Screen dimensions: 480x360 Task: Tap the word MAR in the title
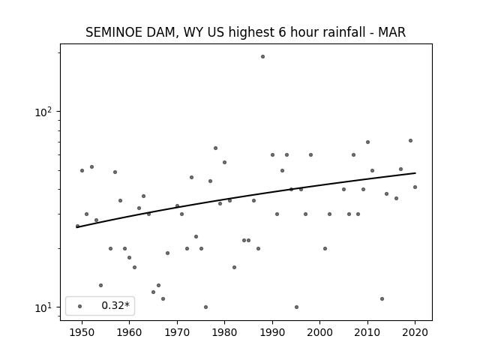[x=391, y=32]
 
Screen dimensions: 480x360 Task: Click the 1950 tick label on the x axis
[x=82, y=332]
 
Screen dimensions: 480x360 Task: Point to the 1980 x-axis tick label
[x=225, y=332]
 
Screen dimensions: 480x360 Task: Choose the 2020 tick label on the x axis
[x=415, y=332]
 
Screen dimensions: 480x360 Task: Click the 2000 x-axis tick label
[x=320, y=332]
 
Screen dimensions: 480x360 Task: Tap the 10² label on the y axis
[x=43, y=112]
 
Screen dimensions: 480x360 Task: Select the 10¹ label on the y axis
[x=43, y=307]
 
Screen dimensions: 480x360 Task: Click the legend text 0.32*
[x=115, y=305]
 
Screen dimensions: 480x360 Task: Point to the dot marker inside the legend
[x=80, y=306]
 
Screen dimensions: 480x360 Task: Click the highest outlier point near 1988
[x=262, y=57]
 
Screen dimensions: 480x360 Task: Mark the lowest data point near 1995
[x=296, y=307]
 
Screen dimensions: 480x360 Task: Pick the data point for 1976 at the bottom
[x=205, y=307]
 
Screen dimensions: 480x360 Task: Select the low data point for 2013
[x=382, y=298]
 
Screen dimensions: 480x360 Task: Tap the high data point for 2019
[x=410, y=141]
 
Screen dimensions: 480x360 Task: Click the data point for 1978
[x=215, y=148]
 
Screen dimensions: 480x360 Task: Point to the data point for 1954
[x=100, y=285]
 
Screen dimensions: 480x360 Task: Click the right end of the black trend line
[x=415, y=173]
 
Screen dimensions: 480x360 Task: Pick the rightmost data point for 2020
[x=415, y=187]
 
